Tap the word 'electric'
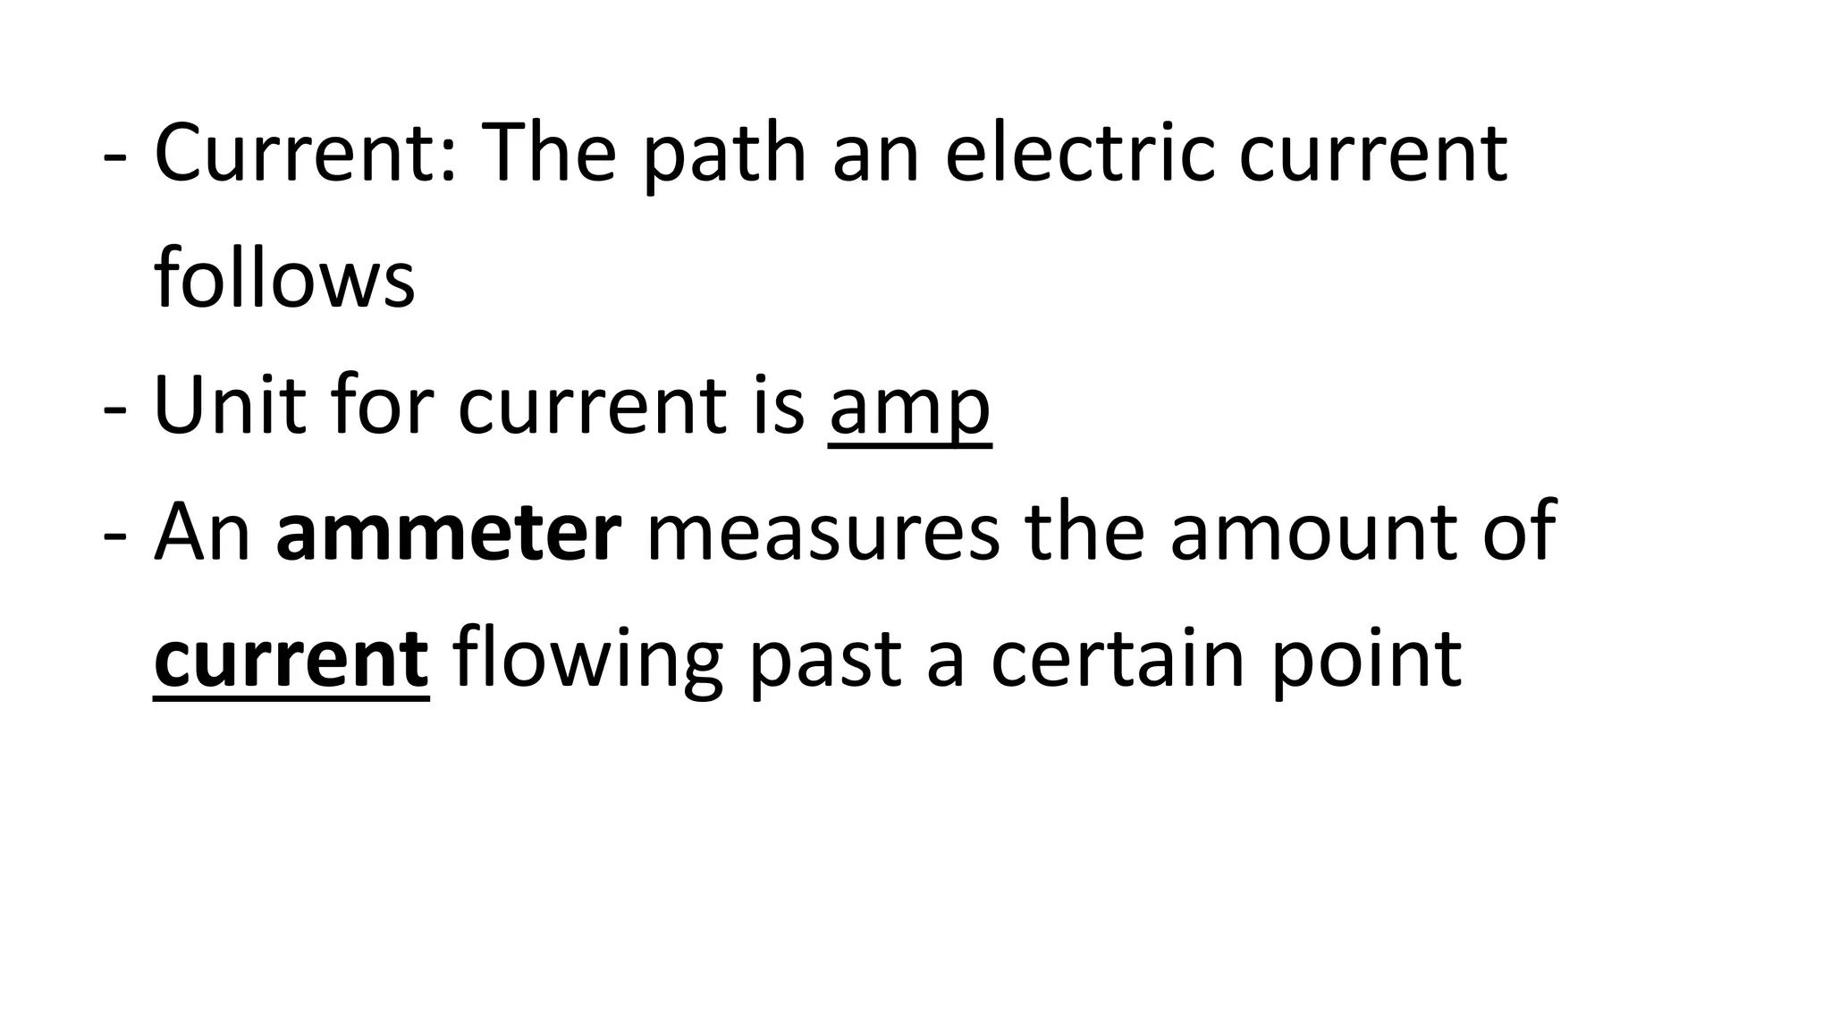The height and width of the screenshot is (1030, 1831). [1079, 154]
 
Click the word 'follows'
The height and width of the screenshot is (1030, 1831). [284, 279]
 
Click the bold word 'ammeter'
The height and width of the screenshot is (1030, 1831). [449, 533]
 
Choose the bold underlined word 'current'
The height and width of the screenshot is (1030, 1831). [291, 660]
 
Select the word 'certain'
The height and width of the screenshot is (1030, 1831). [1117, 660]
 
